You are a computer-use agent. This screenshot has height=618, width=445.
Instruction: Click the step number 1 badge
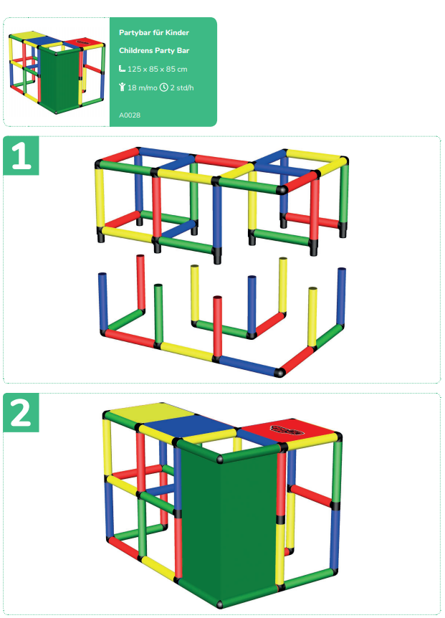[x=21, y=156]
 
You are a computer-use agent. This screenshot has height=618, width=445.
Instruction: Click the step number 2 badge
[x=21, y=412]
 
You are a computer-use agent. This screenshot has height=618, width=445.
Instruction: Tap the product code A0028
[x=130, y=115]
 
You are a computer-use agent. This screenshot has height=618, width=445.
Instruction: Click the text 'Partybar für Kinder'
[x=154, y=33]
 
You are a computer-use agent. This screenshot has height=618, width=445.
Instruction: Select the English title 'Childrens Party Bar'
[x=154, y=50]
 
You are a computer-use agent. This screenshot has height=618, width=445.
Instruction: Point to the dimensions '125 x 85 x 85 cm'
[x=157, y=69]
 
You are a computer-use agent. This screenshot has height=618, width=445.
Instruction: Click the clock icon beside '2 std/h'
[x=164, y=87]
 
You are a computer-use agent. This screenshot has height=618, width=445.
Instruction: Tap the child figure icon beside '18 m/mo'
[x=122, y=87]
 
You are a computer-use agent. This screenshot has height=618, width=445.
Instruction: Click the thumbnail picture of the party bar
[x=57, y=73]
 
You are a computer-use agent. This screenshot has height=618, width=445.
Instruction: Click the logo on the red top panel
[x=287, y=429]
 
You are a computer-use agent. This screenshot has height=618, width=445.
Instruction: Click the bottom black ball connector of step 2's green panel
[x=220, y=604]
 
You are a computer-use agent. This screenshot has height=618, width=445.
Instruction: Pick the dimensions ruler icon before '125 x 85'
[x=122, y=69]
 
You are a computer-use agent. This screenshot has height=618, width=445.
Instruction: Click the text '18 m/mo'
[x=142, y=87]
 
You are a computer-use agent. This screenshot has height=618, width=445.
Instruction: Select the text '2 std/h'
[x=181, y=87]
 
